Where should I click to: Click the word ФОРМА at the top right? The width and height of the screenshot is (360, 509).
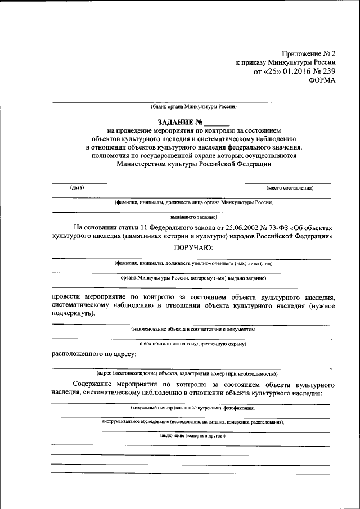(x=322, y=80)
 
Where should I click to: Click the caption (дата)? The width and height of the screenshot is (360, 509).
(x=77, y=187)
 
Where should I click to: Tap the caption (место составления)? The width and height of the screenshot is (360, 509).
(x=290, y=187)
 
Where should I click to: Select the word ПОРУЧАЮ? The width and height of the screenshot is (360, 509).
(x=193, y=247)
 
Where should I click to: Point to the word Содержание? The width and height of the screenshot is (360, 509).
(x=94, y=384)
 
